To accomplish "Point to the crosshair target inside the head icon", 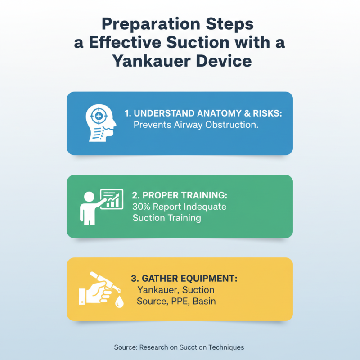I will click(96, 116).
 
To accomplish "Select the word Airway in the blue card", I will click(188, 125).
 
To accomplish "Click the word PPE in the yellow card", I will click(180, 301).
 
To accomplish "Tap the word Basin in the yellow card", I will click(204, 301).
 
